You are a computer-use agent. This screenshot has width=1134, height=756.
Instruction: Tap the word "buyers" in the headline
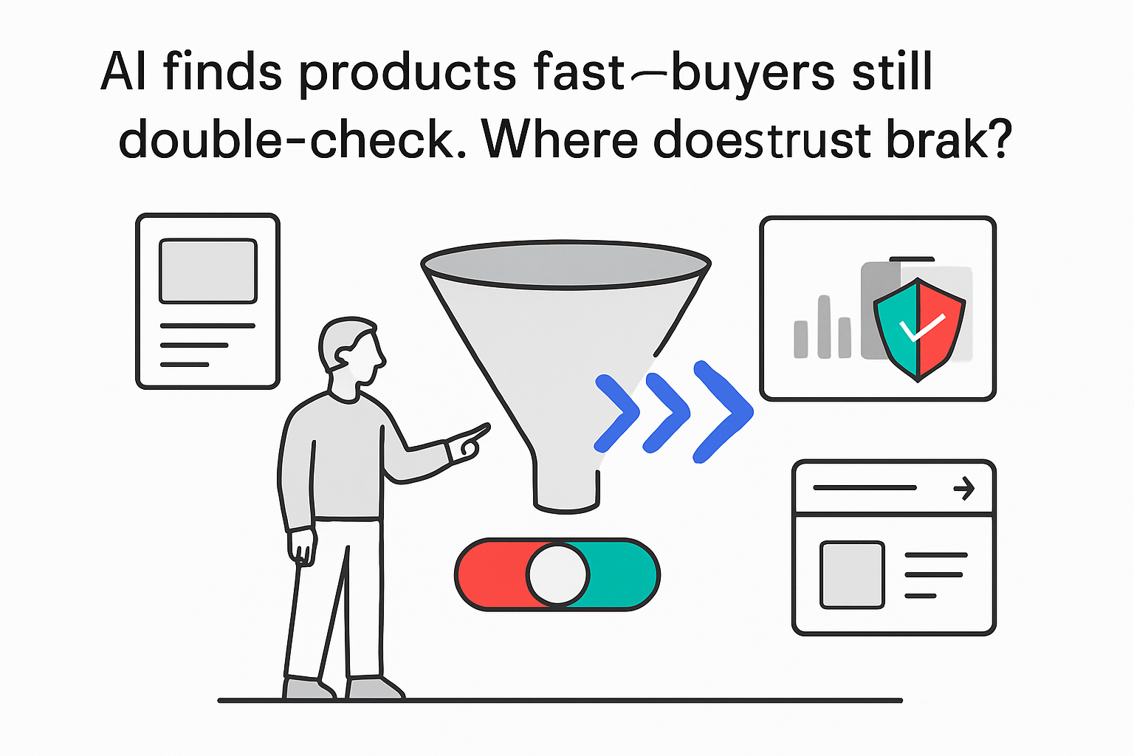[753, 73]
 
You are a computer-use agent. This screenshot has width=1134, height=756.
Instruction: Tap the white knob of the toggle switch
[558, 574]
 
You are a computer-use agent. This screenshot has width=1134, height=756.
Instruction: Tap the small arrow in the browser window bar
[964, 488]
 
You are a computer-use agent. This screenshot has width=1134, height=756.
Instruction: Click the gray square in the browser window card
[852, 574]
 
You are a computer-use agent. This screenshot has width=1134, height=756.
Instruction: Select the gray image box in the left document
[208, 270]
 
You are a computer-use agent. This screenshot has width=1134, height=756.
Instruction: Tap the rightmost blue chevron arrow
[724, 411]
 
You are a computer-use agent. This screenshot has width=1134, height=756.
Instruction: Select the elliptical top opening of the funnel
[566, 262]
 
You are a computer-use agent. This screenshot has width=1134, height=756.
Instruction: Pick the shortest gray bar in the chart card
[800, 339]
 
